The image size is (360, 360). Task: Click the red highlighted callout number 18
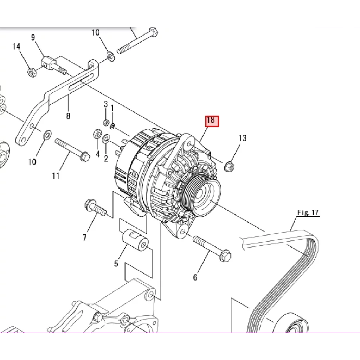click(x=212, y=121)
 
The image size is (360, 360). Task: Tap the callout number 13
click(x=243, y=138)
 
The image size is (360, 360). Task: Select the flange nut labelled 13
click(x=229, y=166)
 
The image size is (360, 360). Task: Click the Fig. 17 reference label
click(x=308, y=212)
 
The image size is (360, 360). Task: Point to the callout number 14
click(x=16, y=47)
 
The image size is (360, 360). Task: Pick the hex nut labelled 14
click(x=32, y=72)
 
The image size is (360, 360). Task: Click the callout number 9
click(x=33, y=37)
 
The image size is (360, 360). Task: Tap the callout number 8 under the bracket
click(x=68, y=116)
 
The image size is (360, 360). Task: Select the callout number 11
click(x=56, y=176)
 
